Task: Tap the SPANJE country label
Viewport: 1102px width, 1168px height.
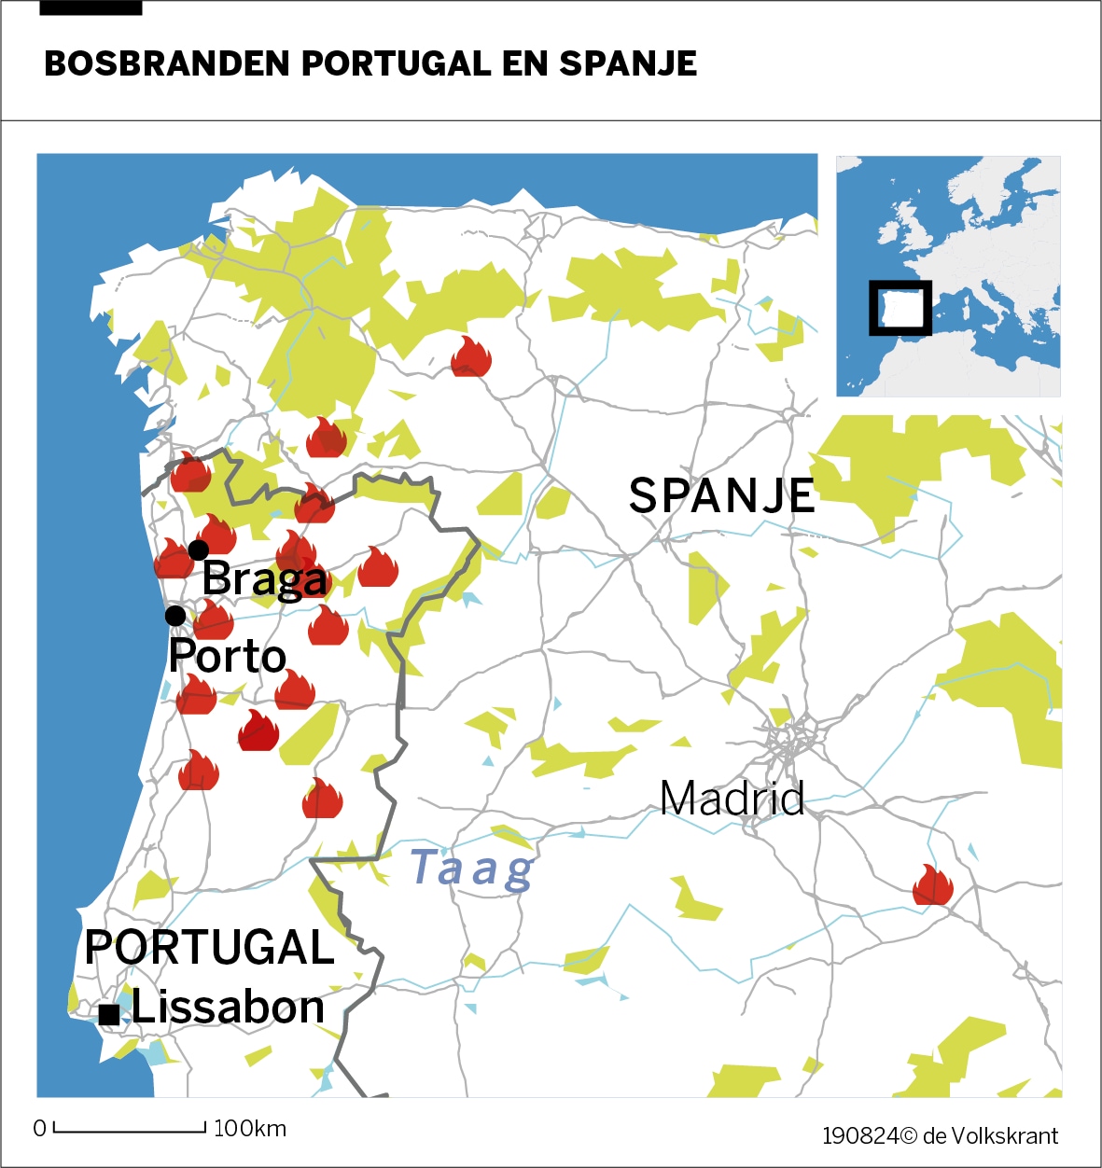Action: pos(721,495)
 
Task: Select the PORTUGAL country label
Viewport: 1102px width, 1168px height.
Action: pos(209,948)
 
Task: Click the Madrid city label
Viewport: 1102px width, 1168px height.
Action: pos(732,799)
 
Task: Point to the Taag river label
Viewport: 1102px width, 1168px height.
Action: pos(472,869)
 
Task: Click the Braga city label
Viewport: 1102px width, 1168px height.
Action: pos(265,579)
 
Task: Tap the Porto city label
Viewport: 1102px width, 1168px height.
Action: pos(228,657)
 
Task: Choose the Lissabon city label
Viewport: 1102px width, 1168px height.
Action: pos(228,1008)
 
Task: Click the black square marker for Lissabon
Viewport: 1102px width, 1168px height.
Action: pos(109,1014)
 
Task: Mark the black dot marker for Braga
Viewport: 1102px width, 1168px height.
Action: pos(198,550)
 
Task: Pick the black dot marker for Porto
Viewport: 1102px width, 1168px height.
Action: pos(174,616)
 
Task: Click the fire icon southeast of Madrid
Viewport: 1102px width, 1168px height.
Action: pos(932,885)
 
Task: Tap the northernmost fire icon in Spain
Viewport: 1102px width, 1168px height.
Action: pos(471,357)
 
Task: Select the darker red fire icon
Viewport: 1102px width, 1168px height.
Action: pos(258,730)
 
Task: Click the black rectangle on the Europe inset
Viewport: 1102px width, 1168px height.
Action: pos(900,308)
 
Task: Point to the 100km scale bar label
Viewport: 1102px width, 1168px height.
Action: pos(250,1129)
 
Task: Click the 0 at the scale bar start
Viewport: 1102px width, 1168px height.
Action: pos(39,1129)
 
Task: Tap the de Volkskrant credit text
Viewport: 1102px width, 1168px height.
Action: pos(990,1135)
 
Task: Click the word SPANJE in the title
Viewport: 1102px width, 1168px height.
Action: pos(628,63)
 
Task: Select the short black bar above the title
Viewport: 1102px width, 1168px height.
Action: pos(91,7)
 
